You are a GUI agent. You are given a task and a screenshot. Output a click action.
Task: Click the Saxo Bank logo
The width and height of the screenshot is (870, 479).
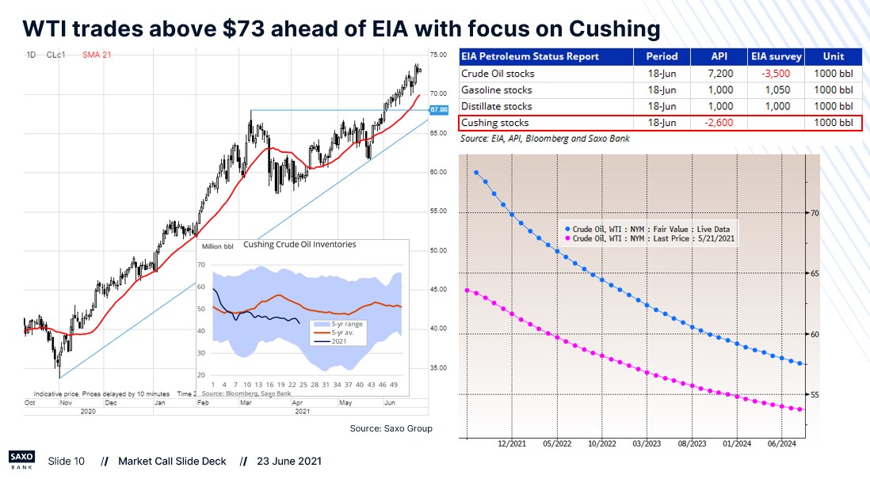coord(22,460)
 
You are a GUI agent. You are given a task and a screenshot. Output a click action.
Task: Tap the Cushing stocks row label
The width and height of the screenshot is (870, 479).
coord(494,123)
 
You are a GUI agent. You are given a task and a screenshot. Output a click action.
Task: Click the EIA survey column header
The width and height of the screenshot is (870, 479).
coord(777,57)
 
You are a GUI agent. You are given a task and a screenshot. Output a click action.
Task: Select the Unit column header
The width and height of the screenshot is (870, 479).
coord(833,57)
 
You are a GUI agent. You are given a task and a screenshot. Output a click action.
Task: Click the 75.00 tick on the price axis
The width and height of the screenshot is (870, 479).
coord(438,55)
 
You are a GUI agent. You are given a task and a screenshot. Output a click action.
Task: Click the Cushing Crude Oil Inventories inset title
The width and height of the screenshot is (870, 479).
coord(299,245)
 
